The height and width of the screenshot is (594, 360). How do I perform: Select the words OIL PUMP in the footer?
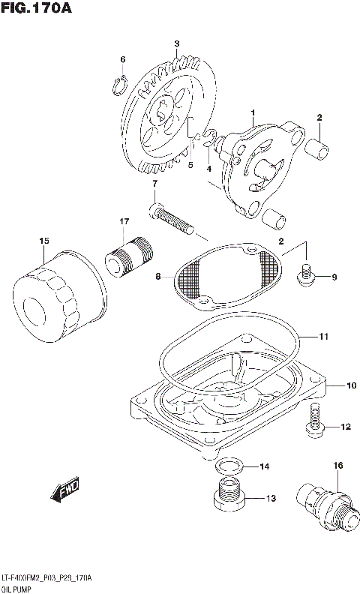click(16, 588)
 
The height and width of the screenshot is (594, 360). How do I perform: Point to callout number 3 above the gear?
click(176, 44)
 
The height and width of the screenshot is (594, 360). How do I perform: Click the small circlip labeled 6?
click(118, 86)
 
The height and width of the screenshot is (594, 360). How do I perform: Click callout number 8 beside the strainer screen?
click(158, 277)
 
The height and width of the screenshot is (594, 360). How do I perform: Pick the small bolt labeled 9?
click(305, 277)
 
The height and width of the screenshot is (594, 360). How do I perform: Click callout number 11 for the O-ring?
click(323, 337)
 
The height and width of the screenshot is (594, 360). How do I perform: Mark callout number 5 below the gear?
click(190, 165)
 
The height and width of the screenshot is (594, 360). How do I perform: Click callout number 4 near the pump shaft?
click(209, 169)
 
